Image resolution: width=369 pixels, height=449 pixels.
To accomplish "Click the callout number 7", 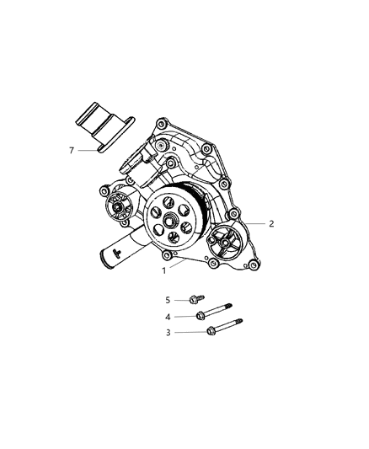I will pyautogui.click(x=72, y=150).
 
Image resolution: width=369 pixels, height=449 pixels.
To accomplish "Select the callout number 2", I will pyautogui.click(x=271, y=224).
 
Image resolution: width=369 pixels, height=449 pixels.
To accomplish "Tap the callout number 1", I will pyautogui.click(x=164, y=271).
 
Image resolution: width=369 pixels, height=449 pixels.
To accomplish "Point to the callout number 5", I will pyautogui.click(x=168, y=299).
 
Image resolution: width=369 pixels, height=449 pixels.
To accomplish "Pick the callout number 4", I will pyautogui.click(x=168, y=316).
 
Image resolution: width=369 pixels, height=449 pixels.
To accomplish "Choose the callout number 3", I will pyautogui.click(x=168, y=333).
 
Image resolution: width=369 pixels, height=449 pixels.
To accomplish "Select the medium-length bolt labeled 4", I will pyautogui.click(x=214, y=313).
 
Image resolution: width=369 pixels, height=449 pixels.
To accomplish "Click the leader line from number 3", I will pyautogui.click(x=189, y=332).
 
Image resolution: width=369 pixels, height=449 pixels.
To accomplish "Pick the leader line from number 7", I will pyautogui.click(x=85, y=150).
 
